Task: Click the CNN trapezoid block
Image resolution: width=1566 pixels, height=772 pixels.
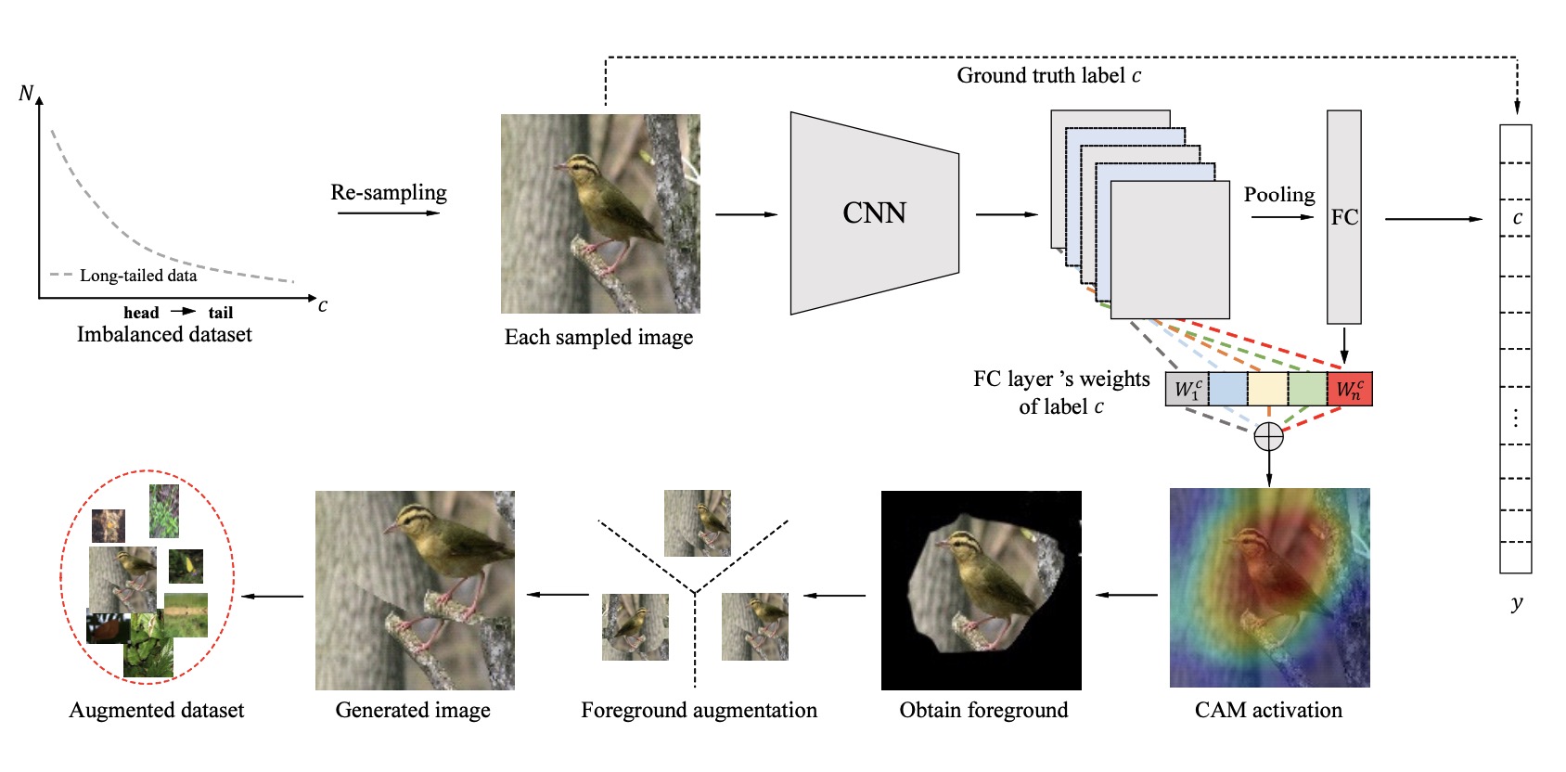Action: (x=874, y=213)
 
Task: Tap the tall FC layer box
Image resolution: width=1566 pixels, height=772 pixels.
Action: (x=1343, y=217)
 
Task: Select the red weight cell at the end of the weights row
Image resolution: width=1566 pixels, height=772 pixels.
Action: (x=1350, y=389)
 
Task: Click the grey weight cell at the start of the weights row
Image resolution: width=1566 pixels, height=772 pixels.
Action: (x=1187, y=389)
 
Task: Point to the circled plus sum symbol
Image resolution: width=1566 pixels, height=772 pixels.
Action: (x=1268, y=436)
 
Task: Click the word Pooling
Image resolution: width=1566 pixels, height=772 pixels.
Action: (x=1279, y=195)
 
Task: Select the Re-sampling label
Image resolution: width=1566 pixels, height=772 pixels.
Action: (x=389, y=192)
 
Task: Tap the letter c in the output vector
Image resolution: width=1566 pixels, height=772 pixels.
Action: (x=1517, y=218)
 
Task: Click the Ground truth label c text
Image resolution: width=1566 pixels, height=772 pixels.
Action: (x=1048, y=76)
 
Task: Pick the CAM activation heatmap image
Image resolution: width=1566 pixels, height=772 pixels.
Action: (x=1269, y=587)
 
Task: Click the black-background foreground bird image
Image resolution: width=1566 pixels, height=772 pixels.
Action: (x=981, y=590)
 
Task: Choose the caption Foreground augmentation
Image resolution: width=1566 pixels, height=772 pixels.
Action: (x=699, y=711)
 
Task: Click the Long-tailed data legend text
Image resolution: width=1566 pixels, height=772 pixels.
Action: (x=138, y=276)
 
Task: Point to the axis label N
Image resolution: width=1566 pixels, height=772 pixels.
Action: (x=26, y=94)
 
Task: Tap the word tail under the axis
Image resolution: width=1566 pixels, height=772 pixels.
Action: (x=221, y=313)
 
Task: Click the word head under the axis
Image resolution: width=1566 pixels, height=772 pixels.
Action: (x=141, y=313)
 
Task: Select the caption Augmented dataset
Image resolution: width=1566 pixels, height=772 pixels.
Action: (x=156, y=711)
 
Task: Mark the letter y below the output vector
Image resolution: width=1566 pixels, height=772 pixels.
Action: (x=1517, y=603)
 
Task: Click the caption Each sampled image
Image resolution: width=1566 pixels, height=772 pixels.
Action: (x=598, y=338)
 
